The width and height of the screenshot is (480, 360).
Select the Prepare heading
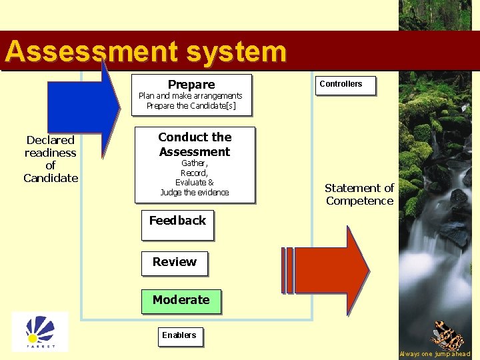pos(191,85)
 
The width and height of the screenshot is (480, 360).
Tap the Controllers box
pos(345,85)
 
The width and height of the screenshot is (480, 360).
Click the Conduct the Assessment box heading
pos(195,144)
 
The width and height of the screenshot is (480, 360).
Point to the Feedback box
pos(177,224)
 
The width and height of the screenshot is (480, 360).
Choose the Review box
pos(175,263)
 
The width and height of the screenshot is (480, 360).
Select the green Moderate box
pos(181,301)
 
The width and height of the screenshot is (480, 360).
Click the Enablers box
pos(179,335)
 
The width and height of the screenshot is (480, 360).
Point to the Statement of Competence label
pos(359,195)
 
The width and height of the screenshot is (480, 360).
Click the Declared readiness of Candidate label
pos(51,159)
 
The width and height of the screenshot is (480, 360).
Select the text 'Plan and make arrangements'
pos(191,96)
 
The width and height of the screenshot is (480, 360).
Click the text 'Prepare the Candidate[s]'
pos(191,106)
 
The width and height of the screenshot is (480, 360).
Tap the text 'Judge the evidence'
pos(194,192)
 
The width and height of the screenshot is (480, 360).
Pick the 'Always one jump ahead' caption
pos(434,354)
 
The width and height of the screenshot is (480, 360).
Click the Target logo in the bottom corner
pos(40,331)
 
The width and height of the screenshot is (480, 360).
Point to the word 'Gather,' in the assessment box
pos(194,163)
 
